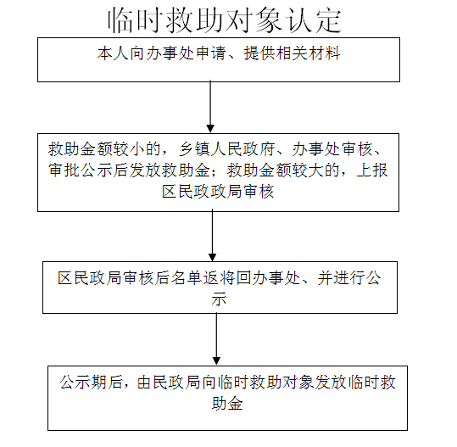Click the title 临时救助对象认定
pyautogui.click(x=225, y=20)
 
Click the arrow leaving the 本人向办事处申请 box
pyautogui.click(x=210, y=107)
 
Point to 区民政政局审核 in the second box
pyautogui.click(x=218, y=192)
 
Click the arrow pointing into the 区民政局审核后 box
pyautogui.click(x=213, y=236)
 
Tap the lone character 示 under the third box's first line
pyautogui.click(x=220, y=299)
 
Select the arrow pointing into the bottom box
pyautogui.click(x=216, y=338)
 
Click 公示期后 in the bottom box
pyautogui.click(x=91, y=383)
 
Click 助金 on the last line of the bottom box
pyautogui.click(x=227, y=404)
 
